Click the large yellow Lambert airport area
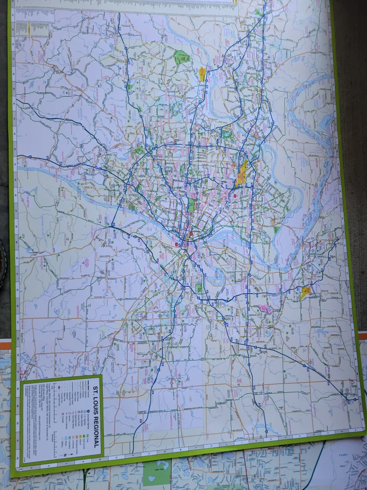tap(241, 173)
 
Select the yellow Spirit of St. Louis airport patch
tap(202, 73)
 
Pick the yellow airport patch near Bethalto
tap(305, 292)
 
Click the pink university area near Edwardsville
tap(267, 309)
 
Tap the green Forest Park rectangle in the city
tap(192, 205)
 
